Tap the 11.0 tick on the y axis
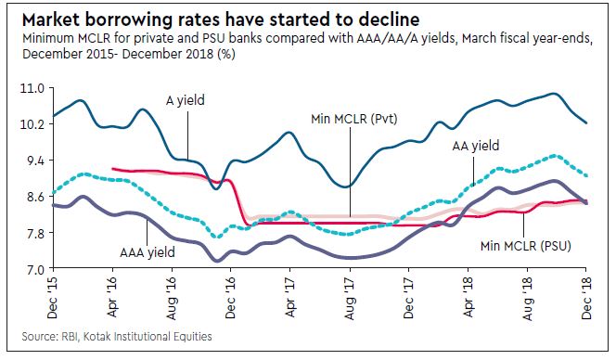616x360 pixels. [31, 87]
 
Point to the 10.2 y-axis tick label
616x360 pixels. [31, 123]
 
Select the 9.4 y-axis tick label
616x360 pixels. [31, 160]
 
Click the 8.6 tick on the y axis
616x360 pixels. [31, 196]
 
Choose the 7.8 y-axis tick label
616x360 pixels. [31, 232]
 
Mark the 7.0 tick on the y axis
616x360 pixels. [31, 268]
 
